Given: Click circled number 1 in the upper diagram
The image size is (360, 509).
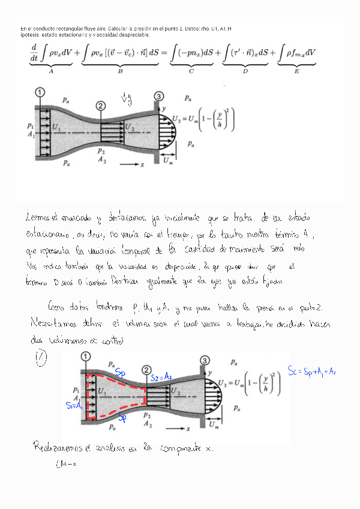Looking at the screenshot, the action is click(x=40, y=92).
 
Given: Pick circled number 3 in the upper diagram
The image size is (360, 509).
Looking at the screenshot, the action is click(x=158, y=96).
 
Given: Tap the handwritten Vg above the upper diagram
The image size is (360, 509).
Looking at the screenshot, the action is click(x=127, y=98).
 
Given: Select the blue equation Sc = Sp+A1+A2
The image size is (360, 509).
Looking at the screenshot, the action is click(x=311, y=370).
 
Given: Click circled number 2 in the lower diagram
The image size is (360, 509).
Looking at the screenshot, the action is click(x=146, y=370).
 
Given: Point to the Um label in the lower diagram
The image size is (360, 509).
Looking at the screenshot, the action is click(x=214, y=425).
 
